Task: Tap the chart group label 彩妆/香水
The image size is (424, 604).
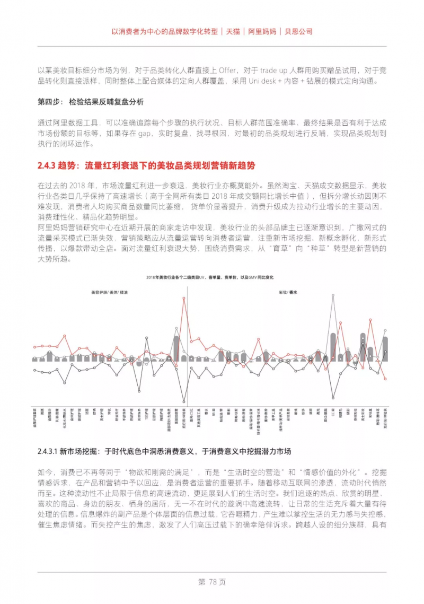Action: coord(289,292)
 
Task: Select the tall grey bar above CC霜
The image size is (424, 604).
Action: coord(333,347)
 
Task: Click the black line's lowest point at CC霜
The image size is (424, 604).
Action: coord(333,398)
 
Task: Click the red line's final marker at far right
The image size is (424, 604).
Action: coord(385,379)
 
